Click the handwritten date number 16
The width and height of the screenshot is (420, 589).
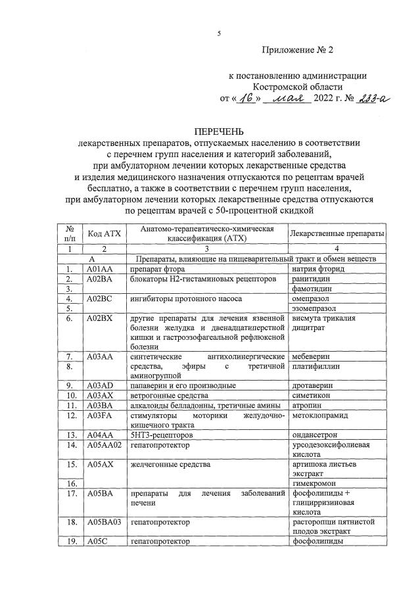coord(248,99)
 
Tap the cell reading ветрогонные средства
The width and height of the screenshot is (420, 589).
coord(169,396)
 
